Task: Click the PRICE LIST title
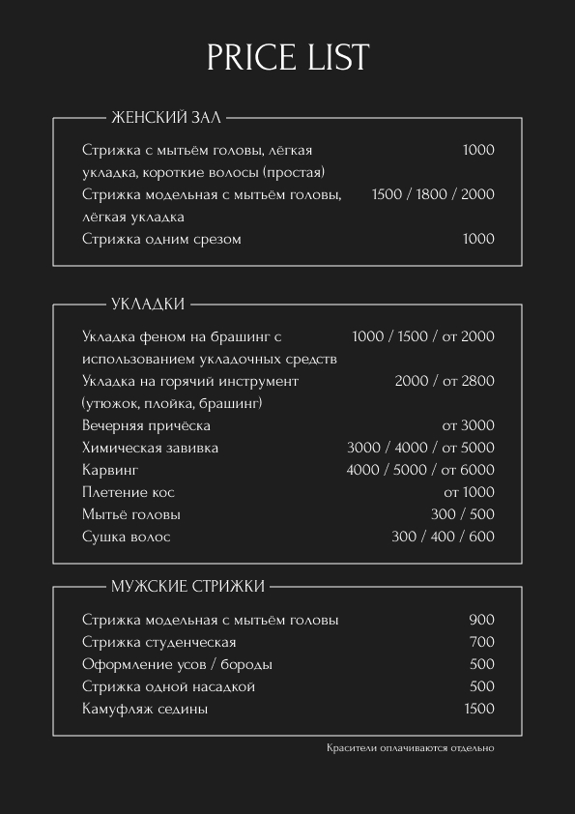[288, 57]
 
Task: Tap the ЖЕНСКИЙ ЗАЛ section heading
[166, 118]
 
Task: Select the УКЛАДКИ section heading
[148, 305]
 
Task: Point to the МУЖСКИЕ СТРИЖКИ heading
[187, 586]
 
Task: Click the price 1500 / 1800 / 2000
[433, 194]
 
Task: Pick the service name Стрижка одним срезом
[161, 239]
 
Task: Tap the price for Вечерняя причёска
[468, 425]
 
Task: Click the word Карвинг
[110, 470]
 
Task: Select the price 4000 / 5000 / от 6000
[420, 470]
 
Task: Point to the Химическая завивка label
[150, 448]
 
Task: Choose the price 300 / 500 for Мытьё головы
[462, 514]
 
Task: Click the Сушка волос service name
[126, 537]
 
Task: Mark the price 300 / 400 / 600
[443, 537]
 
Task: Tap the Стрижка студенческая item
[159, 642]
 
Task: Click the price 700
[481, 642]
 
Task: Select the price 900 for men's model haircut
[481, 620]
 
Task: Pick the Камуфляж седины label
[145, 709]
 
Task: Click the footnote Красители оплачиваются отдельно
[410, 748]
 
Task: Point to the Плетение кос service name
[129, 492]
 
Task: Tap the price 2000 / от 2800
[445, 381]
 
